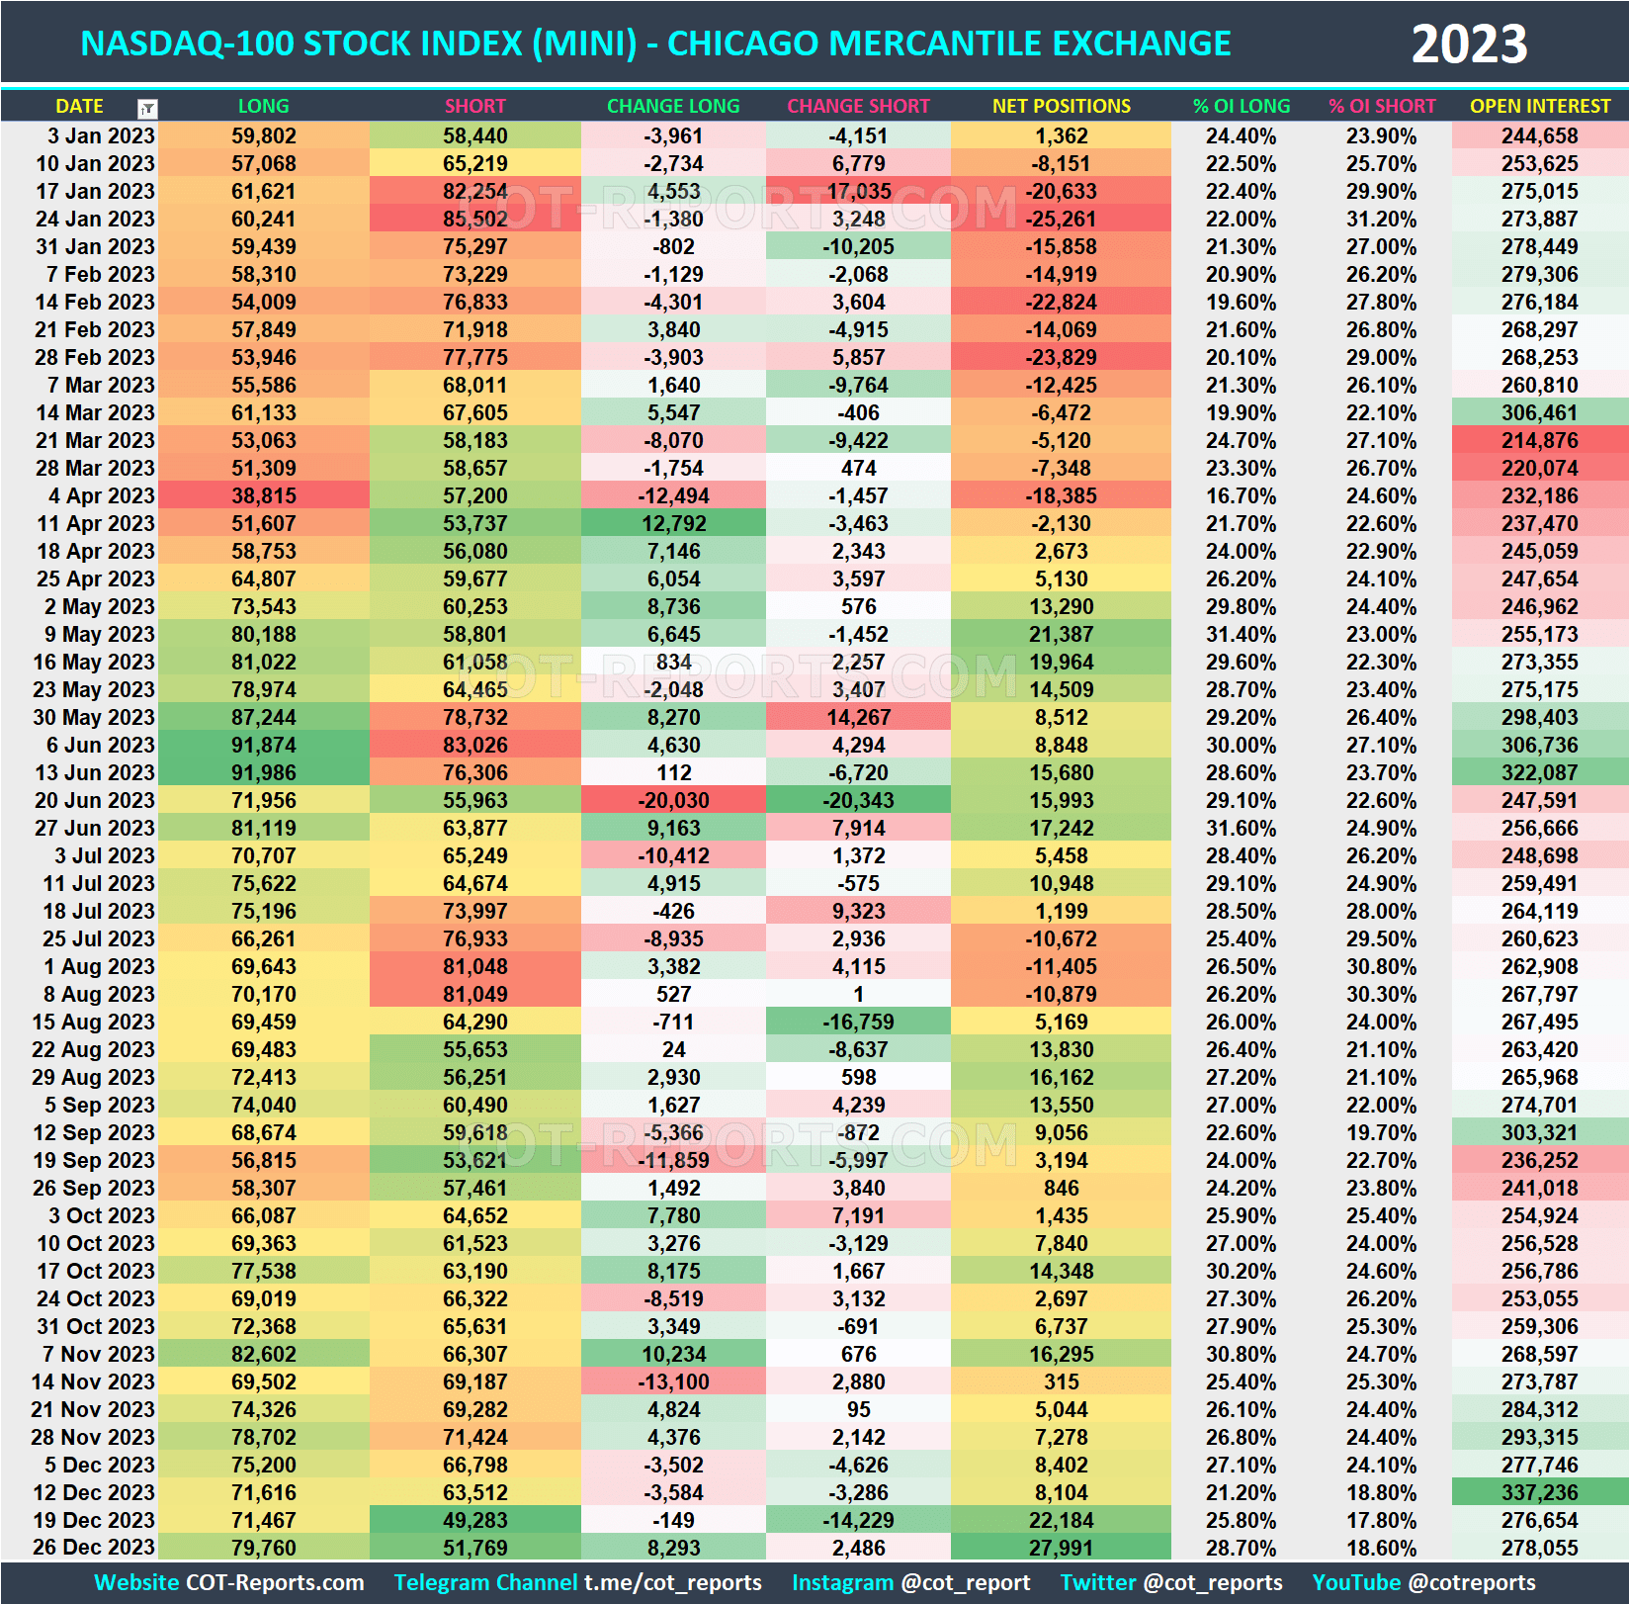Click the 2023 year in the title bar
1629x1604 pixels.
coord(1469,45)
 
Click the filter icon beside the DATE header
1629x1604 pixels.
coord(147,108)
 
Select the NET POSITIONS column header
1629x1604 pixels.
coord(1061,106)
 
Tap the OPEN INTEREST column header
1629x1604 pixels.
coord(1539,106)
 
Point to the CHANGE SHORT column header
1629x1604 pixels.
coord(858,106)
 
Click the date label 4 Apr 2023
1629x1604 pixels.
coord(101,495)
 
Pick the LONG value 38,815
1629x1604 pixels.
coord(264,495)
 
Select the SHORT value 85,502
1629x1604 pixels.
coord(474,219)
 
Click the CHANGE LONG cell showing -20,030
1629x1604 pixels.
coord(673,800)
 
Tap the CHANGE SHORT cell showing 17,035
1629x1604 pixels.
coord(858,191)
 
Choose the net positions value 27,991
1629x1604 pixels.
coord(1061,1548)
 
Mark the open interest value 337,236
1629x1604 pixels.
coord(1539,1492)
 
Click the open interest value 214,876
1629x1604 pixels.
coord(1539,440)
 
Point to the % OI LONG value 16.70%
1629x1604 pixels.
coord(1241,495)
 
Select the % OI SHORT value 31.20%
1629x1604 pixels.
coord(1381,219)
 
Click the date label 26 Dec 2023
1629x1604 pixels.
coord(93,1548)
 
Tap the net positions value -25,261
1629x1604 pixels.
coord(1061,219)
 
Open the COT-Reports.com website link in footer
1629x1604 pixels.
coord(274,1582)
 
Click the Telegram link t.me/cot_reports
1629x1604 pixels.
coord(672,1582)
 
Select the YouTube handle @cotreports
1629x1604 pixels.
coord(1472,1582)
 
